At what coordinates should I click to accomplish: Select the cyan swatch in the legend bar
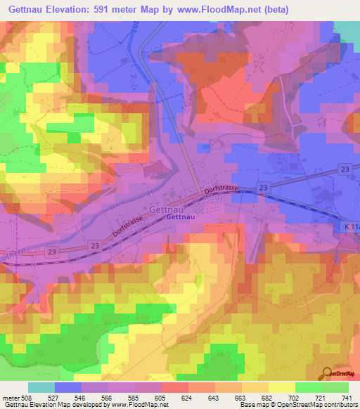pyautogui.click(x=41, y=387)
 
